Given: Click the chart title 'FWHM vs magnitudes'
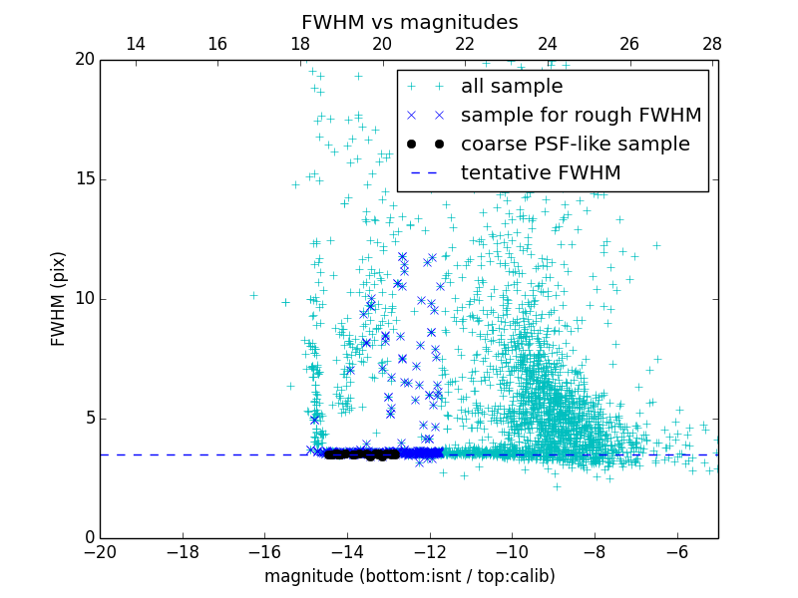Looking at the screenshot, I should coord(409,22).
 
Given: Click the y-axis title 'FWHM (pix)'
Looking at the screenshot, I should coord(59,298).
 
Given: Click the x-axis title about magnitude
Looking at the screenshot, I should coord(409,576).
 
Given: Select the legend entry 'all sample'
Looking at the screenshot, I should coord(511,87).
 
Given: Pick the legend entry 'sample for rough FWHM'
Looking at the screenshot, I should coord(581,116).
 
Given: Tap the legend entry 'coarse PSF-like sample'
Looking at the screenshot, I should coord(575,144).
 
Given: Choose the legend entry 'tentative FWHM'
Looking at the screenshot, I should coord(540,172).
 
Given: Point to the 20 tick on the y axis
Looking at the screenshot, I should coord(84,60).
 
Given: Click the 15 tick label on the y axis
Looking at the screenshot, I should coord(84,179).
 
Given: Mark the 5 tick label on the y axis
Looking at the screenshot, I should coord(89,419).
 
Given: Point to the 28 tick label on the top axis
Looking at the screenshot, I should coord(712,45).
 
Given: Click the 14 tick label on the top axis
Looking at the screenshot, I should coord(136,45).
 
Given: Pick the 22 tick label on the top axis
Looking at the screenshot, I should coord(465,45).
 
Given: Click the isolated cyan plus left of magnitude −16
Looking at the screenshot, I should coord(253,295).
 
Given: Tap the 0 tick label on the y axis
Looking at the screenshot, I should coord(89,538).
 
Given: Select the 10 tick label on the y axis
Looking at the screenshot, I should coord(84,299).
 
